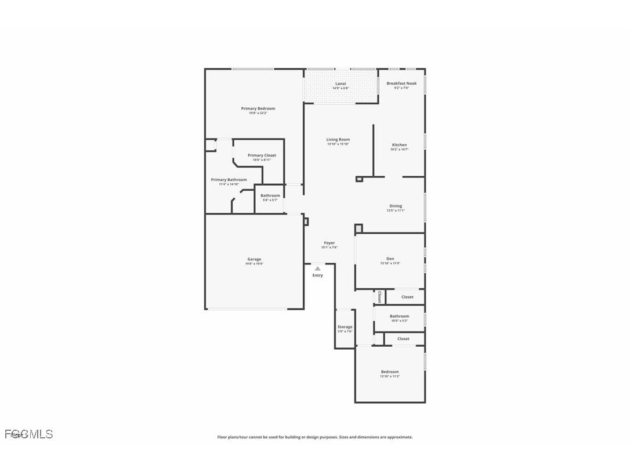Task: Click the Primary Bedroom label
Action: (x=258, y=108)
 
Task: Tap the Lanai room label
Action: (x=341, y=83)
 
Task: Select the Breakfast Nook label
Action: (x=401, y=83)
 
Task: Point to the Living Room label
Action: (x=338, y=140)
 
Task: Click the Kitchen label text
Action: (x=399, y=145)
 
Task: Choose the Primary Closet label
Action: (x=262, y=155)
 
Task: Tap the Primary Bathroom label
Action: (x=229, y=180)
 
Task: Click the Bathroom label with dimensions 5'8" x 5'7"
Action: (x=270, y=196)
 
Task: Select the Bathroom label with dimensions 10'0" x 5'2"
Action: (x=399, y=317)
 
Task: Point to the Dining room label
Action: (x=395, y=206)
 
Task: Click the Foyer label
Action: (x=329, y=243)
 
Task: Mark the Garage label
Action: (x=254, y=259)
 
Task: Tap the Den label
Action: (x=390, y=259)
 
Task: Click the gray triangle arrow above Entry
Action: (x=317, y=268)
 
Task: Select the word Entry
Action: (x=317, y=275)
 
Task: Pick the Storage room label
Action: (x=345, y=327)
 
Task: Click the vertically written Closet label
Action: (x=379, y=297)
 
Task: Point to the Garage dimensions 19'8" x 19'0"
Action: (x=254, y=264)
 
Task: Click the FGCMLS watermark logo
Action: (x=28, y=434)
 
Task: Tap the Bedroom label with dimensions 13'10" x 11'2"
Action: (x=390, y=372)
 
